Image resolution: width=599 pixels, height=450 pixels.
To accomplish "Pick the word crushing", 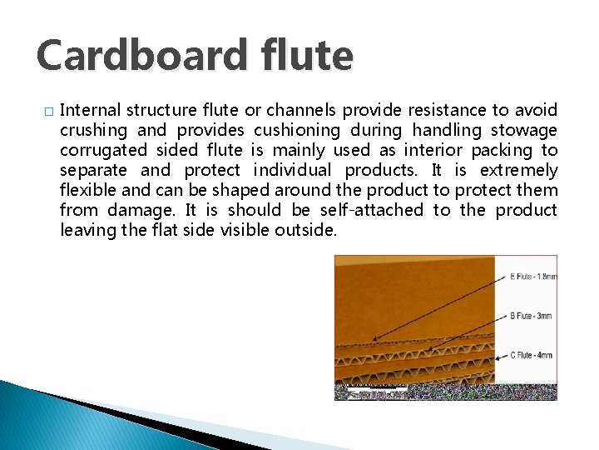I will [x=93, y=130].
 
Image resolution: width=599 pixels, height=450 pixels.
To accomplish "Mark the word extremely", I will [x=521, y=170].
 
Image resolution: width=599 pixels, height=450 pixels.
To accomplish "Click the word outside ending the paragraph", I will [x=309, y=230].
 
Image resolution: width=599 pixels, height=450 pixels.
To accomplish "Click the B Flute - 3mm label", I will [x=529, y=317].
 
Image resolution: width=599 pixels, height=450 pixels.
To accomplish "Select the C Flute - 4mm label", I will [x=530, y=356].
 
